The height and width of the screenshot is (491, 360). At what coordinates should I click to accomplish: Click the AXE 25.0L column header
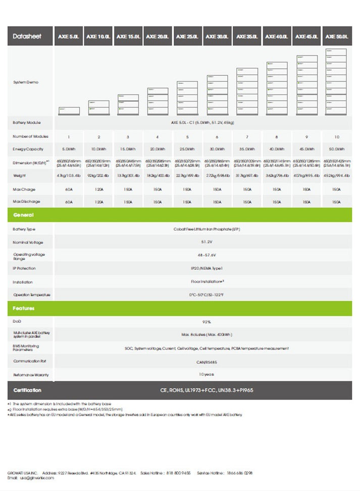[x=188, y=36]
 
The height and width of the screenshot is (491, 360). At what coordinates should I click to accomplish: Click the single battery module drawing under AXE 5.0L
[x=69, y=110]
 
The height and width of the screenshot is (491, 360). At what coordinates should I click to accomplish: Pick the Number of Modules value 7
[x=247, y=137]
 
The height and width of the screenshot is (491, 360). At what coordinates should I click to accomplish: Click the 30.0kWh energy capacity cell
[x=217, y=149]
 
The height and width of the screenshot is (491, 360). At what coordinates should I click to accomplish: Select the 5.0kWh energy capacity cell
[x=69, y=149]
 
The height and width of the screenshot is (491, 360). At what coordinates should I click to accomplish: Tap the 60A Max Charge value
[x=69, y=189]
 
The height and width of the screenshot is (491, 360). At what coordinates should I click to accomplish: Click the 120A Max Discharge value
[x=98, y=202]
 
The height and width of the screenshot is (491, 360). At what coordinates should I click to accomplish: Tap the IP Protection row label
[x=24, y=268]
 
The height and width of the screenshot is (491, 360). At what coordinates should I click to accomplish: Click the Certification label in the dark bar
[x=28, y=390]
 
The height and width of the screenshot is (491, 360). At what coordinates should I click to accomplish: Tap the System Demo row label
[x=25, y=82]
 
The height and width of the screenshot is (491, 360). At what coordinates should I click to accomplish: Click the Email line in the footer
[x=30, y=478]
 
